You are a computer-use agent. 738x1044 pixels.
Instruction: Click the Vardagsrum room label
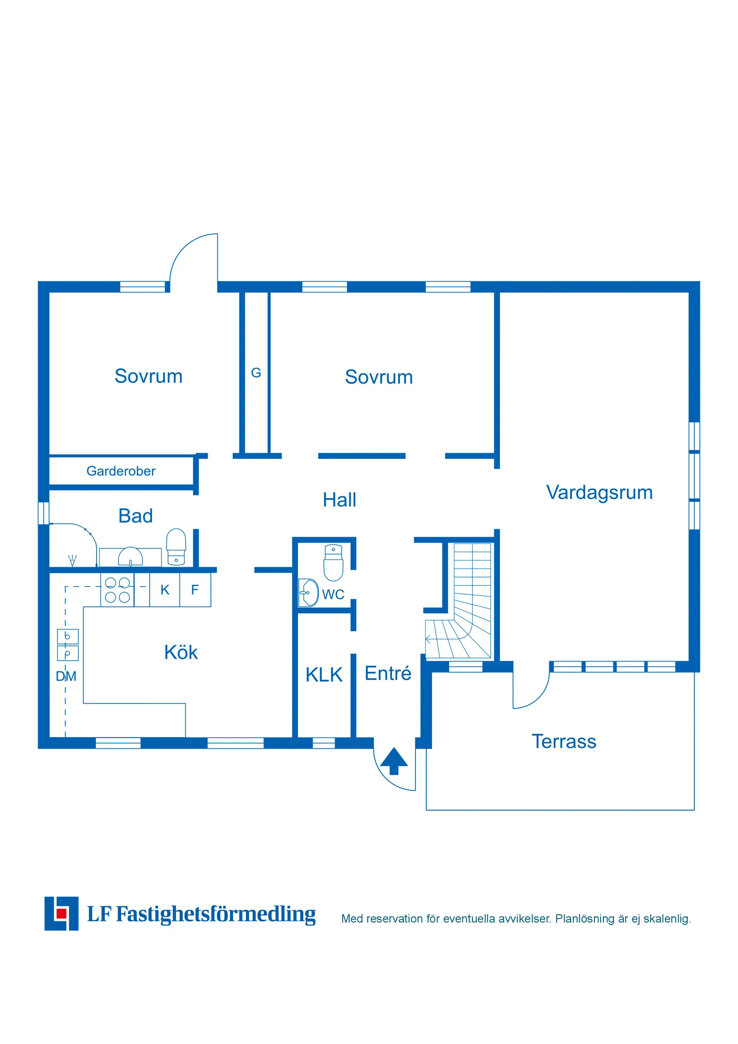[x=599, y=493]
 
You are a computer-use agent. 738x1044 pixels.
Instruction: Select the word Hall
[x=339, y=500]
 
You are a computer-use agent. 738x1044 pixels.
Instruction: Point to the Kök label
[x=181, y=653]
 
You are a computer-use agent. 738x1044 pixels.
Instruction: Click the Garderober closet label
[x=121, y=471]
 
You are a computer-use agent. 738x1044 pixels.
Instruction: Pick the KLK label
[x=324, y=675]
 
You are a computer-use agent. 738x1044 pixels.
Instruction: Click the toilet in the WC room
[x=333, y=562]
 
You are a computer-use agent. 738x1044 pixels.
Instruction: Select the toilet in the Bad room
[x=176, y=547]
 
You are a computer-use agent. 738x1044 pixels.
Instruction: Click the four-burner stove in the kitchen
[x=117, y=590]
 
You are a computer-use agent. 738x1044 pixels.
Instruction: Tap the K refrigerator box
[x=165, y=590]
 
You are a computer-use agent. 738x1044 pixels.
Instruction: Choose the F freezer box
[x=195, y=590]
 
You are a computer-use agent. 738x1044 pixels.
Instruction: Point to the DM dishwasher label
[x=66, y=677]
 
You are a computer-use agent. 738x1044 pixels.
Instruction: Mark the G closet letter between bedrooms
[x=256, y=373]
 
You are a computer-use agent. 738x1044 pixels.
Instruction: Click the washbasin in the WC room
[x=308, y=593]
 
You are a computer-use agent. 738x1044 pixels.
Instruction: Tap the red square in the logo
[x=61, y=913]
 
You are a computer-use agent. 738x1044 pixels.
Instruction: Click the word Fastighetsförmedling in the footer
[x=216, y=914]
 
